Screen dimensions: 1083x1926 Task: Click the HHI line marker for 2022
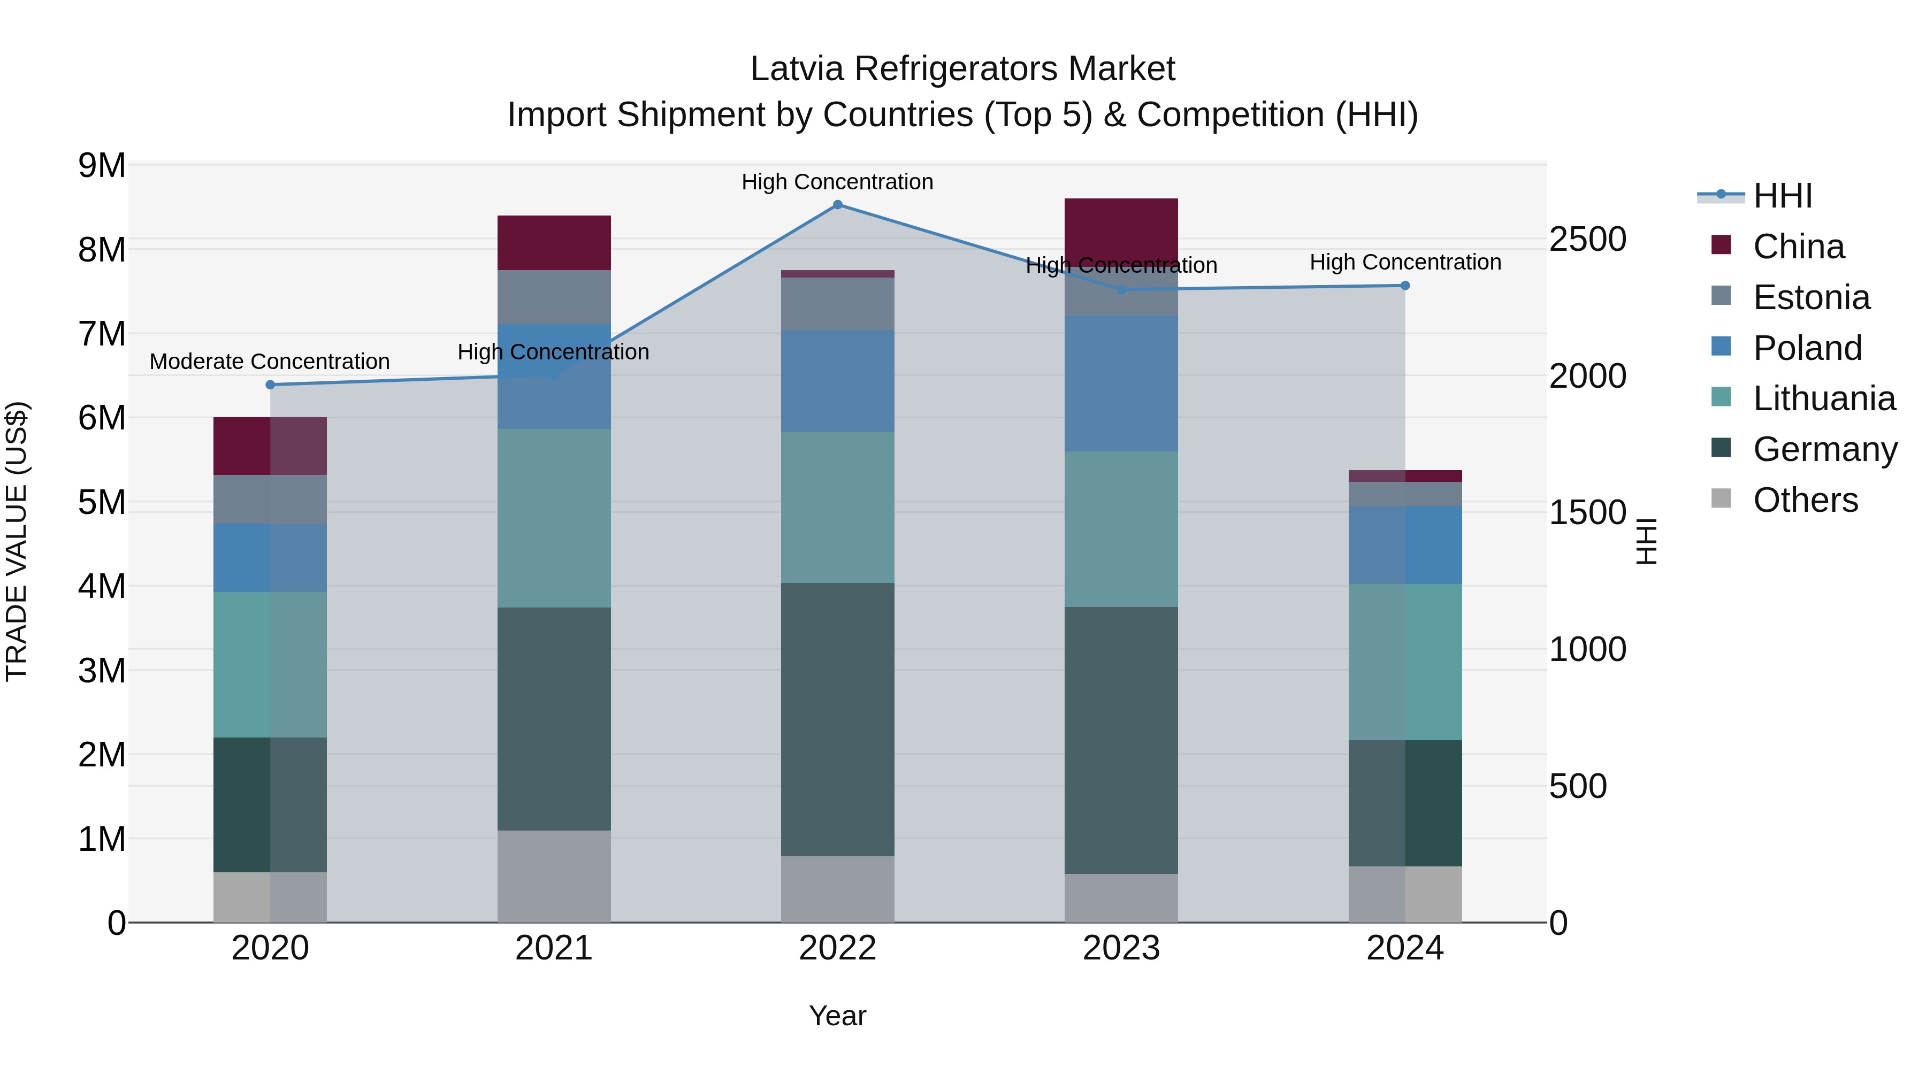pos(837,205)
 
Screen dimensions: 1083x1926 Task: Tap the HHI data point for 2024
pos(1405,286)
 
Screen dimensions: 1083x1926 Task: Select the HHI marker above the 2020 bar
pos(271,385)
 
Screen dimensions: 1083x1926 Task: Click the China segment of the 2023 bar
pos(1121,228)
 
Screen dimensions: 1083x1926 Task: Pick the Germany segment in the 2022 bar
pos(837,719)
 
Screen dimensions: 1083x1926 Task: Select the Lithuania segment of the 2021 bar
pos(554,518)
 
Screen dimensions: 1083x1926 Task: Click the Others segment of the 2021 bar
pos(554,876)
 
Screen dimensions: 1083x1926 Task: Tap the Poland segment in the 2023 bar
pos(1121,383)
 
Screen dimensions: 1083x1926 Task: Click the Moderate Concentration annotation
pos(270,362)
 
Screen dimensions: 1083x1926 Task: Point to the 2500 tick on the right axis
pos(1587,240)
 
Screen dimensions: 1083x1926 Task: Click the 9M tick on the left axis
pos(102,166)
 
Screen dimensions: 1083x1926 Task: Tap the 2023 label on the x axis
pos(1121,948)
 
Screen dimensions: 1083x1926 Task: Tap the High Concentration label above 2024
pos(1405,263)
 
